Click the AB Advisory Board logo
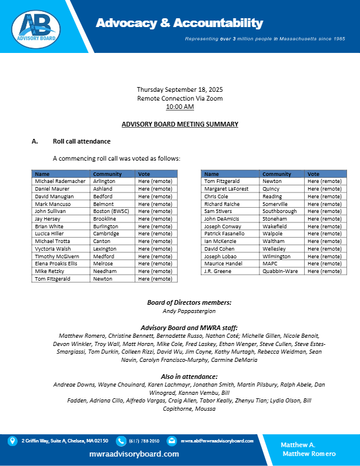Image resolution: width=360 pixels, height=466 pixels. pos(36,26)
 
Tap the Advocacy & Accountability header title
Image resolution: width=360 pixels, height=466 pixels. pos(179,23)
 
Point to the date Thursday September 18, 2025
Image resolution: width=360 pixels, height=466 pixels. pos(179,89)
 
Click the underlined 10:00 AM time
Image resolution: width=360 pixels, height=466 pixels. pos(179,106)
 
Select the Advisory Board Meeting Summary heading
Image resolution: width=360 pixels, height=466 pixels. pos(179,124)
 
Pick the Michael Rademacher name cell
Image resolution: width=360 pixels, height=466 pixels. pos(60,182)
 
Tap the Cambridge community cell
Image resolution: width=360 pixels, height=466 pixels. pos(105,233)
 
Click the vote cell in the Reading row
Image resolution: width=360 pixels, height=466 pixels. pos(324,197)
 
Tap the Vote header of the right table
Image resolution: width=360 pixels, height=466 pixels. pos(314,174)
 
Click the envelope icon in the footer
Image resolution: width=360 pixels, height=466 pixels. pos(172,441)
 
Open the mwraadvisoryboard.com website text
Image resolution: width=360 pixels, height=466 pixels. pos(134,454)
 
